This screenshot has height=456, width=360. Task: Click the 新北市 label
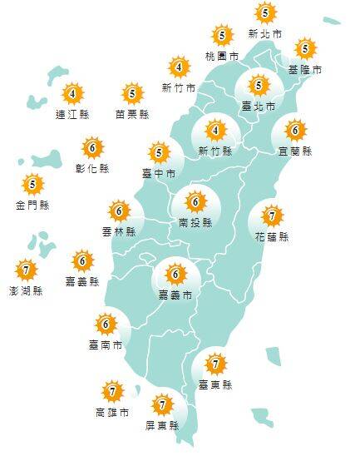coord(264,34)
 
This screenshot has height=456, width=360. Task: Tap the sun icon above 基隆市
coord(305,48)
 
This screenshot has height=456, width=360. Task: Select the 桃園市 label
coord(221,57)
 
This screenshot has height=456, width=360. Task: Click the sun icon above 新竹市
coord(179,67)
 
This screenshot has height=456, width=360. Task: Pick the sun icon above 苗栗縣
coord(132,93)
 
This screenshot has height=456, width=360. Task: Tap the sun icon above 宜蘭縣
coord(295,130)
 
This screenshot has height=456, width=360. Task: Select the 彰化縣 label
coord(92,169)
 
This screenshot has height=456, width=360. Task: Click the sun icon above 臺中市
coord(159,152)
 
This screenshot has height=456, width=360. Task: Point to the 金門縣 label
coord(32,204)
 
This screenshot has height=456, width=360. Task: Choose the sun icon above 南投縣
coord(195,201)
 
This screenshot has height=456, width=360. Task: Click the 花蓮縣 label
coord(271,237)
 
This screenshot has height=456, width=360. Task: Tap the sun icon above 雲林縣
coord(119,211)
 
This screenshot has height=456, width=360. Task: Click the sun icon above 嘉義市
coord(175,273)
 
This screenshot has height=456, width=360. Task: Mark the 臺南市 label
coord(106,344)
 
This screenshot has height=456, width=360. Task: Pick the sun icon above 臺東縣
coord(216,364)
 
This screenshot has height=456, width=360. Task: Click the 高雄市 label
coord(111,412)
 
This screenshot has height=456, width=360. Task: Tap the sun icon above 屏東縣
coord(162,406)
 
